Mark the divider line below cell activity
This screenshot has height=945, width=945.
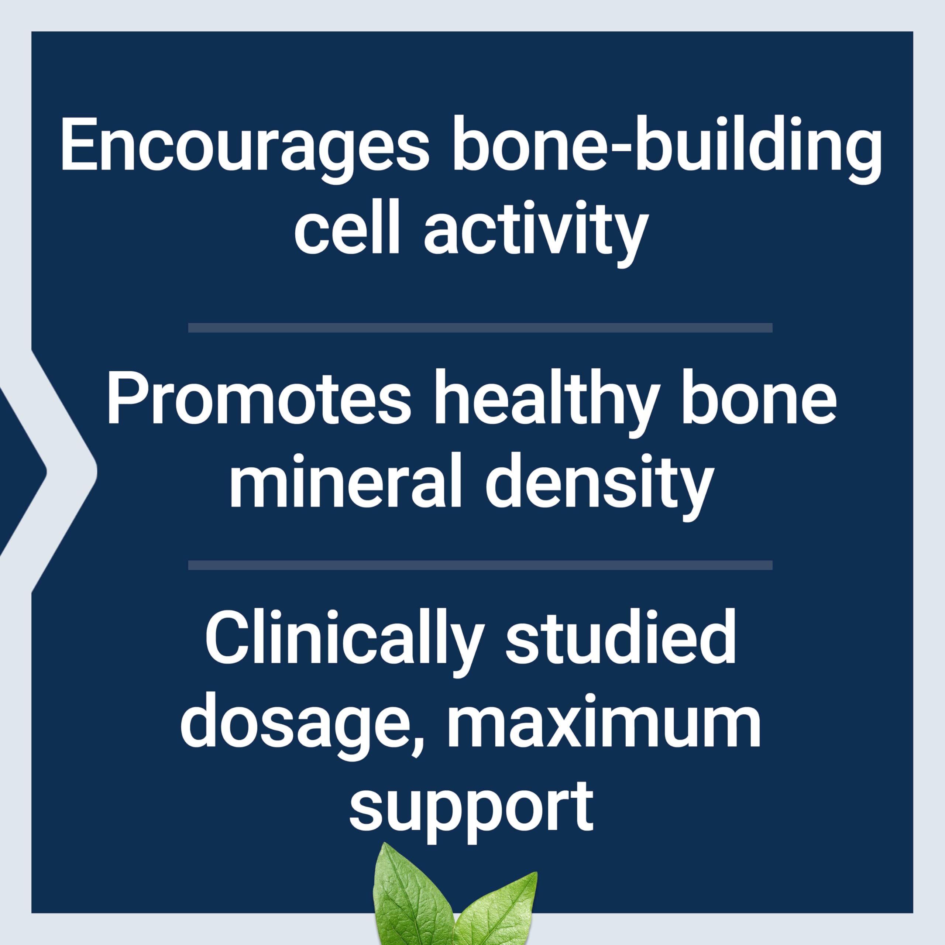pyautogui.click(x=480, y=328)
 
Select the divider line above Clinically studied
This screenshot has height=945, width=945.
pyautogui.click(x=480, y=566)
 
